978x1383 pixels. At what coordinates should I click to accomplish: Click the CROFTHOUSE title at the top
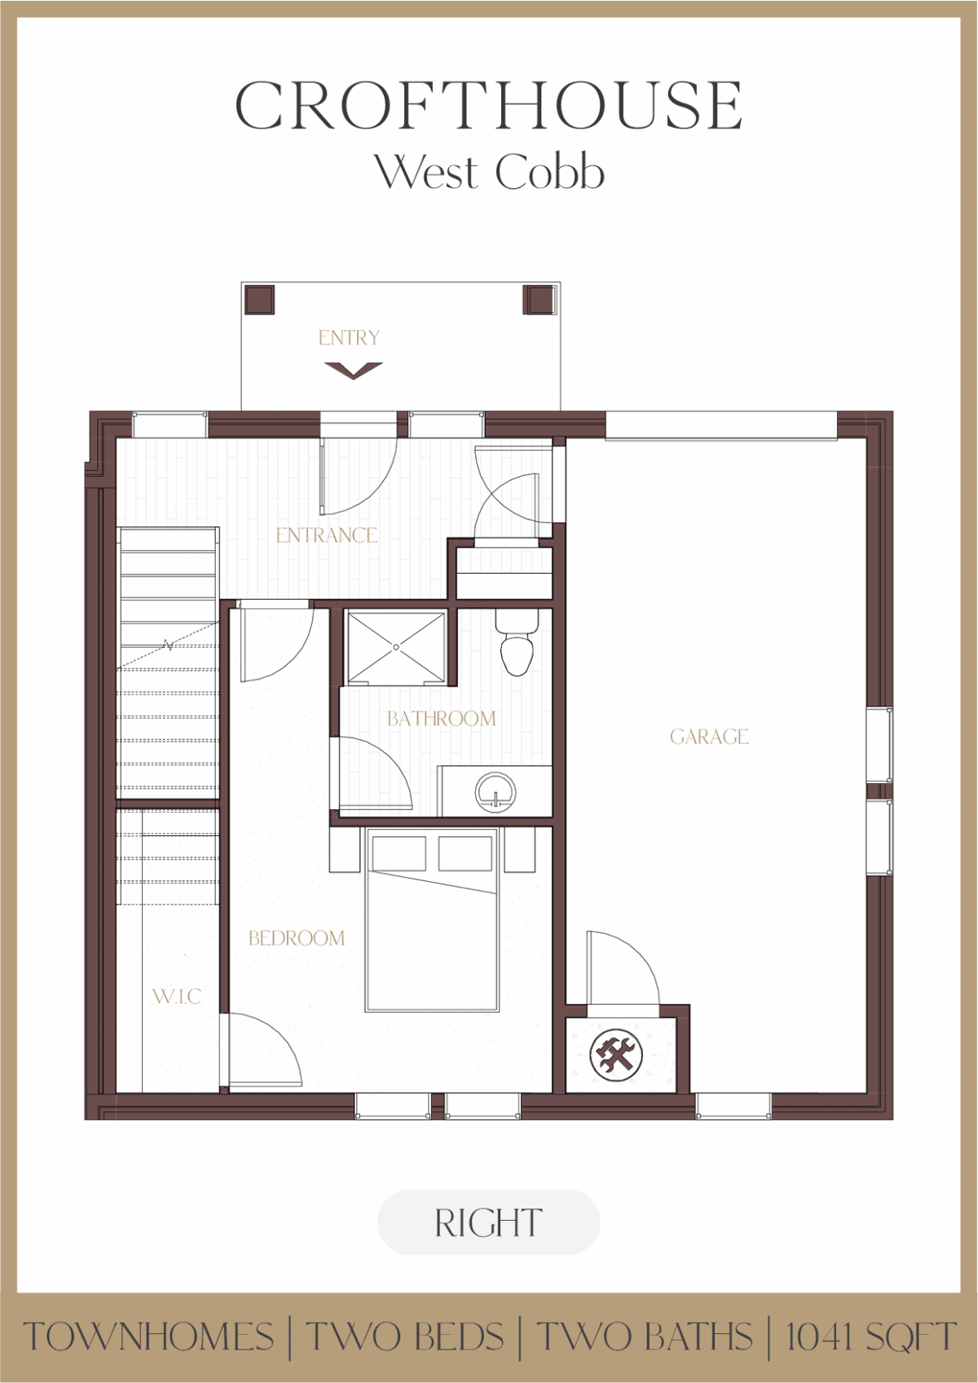[x=488, y=105]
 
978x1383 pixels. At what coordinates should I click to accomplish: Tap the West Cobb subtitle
[x=490, y=172]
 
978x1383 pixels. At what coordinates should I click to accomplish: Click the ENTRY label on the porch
[x=349, y=337]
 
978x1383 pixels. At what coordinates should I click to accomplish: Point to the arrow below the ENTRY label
[x=353, y=371]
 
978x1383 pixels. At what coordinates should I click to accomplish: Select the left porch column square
[x=259, y=299]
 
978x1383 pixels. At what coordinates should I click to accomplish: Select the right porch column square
[x=539, y=299]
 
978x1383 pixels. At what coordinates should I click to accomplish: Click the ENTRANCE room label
[x=327, y=535]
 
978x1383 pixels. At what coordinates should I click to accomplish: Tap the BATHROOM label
[x=442, y=719]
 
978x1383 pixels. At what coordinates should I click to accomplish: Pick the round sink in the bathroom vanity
[x=496, y=792]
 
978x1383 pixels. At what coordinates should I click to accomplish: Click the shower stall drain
[x=396, y=647]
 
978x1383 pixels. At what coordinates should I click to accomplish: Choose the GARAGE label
[x=709, y=737]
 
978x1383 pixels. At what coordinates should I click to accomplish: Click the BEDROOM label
[x=297, y=939]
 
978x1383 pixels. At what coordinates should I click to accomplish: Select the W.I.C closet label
[x=177, y=997]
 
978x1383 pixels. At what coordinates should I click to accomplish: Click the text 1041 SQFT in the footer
[x=871, y=1337]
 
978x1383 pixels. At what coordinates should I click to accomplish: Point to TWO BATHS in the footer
[x=645, y=1337]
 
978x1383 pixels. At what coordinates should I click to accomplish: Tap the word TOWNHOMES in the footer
[x=149, y=1337]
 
